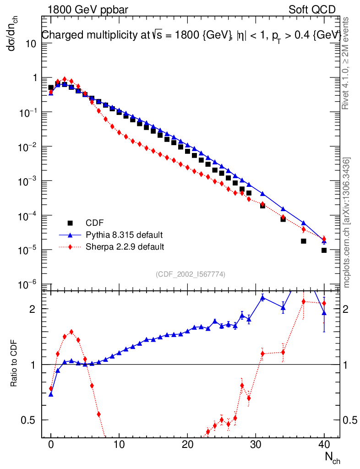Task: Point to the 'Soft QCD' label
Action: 312,10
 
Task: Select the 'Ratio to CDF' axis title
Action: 14,364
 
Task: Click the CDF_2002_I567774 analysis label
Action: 191,274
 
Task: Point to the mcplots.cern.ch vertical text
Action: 347,223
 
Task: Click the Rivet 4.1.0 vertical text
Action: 346,63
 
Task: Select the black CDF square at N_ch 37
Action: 303,241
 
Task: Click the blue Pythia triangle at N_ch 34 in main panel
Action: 283,209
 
